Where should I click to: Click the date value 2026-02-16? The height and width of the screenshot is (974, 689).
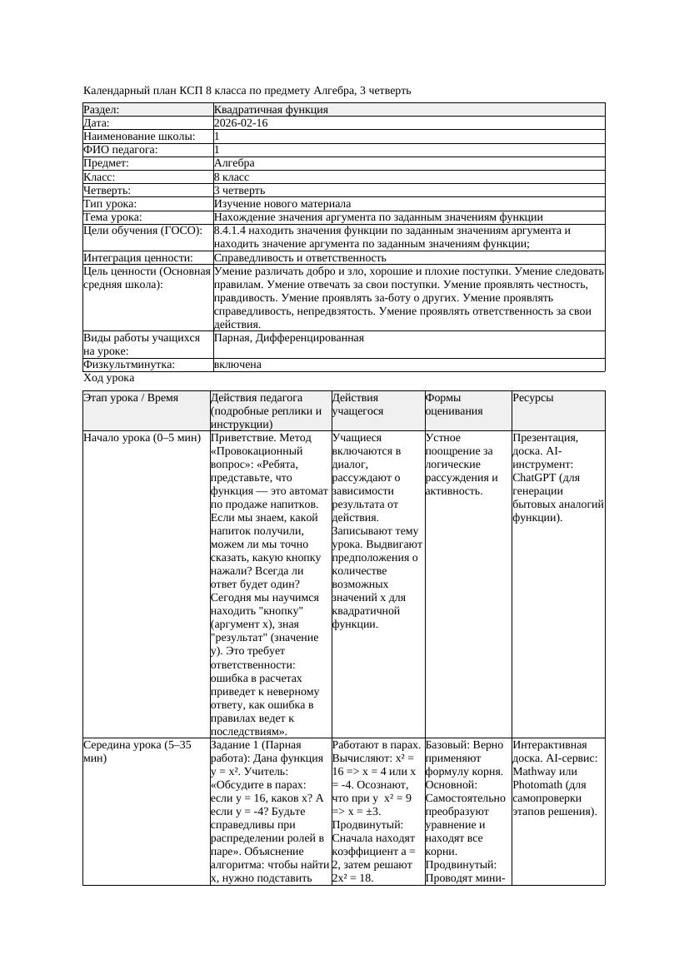(241, 123)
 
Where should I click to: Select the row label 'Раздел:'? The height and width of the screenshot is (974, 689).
(102, 110)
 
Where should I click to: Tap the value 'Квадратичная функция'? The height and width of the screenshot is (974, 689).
(271, 110)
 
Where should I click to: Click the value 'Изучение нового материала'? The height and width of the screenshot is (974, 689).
(282, 204)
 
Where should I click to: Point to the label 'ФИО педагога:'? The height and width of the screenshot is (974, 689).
(122, 150)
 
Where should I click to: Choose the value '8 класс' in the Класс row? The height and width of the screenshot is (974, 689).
(232, 177)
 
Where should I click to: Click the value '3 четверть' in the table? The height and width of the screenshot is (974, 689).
(239, 191)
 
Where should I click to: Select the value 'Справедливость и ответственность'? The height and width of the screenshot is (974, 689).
(300, 258)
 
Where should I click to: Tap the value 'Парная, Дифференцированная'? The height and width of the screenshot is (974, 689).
(289, 339)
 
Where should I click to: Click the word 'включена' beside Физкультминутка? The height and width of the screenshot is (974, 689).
(237, 365)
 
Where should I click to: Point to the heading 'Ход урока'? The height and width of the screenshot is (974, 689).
(109, 378)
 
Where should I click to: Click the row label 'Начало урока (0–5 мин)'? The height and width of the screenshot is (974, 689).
(142, 437)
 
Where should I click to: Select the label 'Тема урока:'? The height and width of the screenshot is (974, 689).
(112, 217)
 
